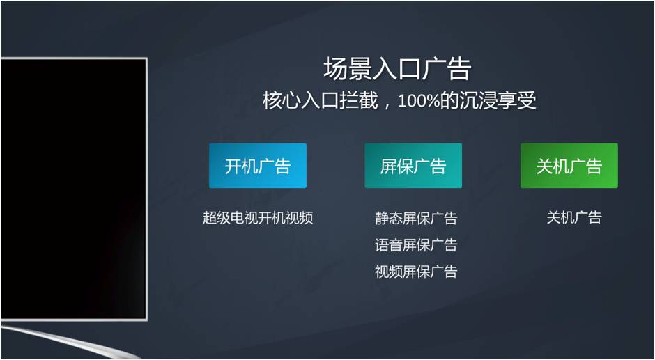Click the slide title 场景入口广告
point(397,70)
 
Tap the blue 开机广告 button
point(258,166)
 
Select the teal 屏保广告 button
point(413,166)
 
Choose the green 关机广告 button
point(569,166)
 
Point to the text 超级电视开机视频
point(258,218)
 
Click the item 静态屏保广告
point(416,218)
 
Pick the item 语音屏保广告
point(416,244)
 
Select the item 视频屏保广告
point(416,272)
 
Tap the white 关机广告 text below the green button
point(574,217)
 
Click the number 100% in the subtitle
point(418,102)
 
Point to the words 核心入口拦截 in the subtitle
point(320,102)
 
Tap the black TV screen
point(73,189)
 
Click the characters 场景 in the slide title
point(348,70)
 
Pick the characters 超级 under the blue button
point(217,218)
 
